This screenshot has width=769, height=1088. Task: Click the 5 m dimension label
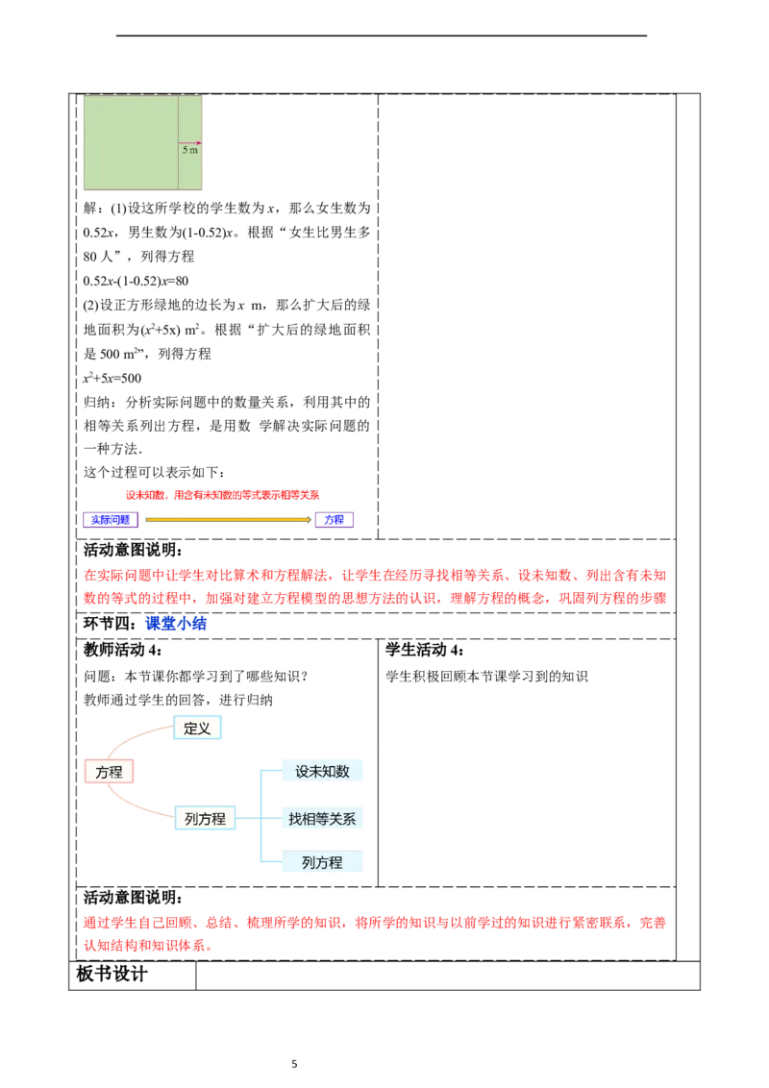[x=190, y=151]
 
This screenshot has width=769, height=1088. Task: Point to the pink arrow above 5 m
[x=191, y=142]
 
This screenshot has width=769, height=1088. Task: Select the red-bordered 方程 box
[x=109, y=772]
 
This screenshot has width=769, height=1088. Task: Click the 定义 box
[x=197, y=729]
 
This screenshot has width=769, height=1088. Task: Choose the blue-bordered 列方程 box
[x=205, y=819]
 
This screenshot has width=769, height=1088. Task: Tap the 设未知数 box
[x=322, y=771]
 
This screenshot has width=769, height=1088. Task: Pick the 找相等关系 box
[x=322, y=819]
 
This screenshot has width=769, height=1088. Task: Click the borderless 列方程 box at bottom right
[x=322, y=863]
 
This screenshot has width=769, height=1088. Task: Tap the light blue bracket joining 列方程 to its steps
[x=256, y=819]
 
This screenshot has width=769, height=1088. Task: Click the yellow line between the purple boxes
[x=228, y=520]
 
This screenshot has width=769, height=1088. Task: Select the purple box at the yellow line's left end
[x=112, y=520]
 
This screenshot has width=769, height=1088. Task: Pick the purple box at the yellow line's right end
[x=335, y=520]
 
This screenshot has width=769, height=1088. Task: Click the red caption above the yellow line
[x=223, y=494]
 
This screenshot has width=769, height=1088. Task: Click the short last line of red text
[x=148, y=947]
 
